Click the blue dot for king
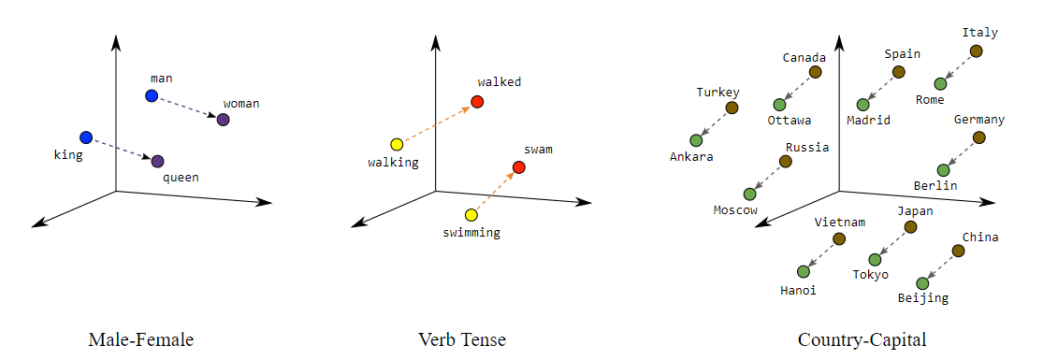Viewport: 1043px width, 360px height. coord(86,137)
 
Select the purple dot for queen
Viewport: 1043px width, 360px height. coord(157,161)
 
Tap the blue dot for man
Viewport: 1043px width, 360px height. coord(152,95)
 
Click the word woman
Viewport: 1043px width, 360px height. coord(241,103)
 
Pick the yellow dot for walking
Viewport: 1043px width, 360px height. coord(397,144)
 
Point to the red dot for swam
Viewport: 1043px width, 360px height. coord(519,167)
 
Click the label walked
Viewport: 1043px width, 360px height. coord(499,82)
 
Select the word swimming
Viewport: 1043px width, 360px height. coord(471,232)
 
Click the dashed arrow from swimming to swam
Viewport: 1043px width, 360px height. coord(495,192)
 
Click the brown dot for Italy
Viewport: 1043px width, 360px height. coord(976,51)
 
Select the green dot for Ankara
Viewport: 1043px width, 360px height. coord(696,140)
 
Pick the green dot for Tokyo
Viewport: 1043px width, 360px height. coord(876,259)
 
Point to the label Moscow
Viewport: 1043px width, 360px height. coord(735,210)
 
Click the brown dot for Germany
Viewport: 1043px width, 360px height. coord(978,137)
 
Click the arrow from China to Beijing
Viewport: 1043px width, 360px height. coord(940,266)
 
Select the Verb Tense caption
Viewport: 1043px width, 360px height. coord(462,339)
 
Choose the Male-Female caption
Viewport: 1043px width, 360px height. coord(140,339)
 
